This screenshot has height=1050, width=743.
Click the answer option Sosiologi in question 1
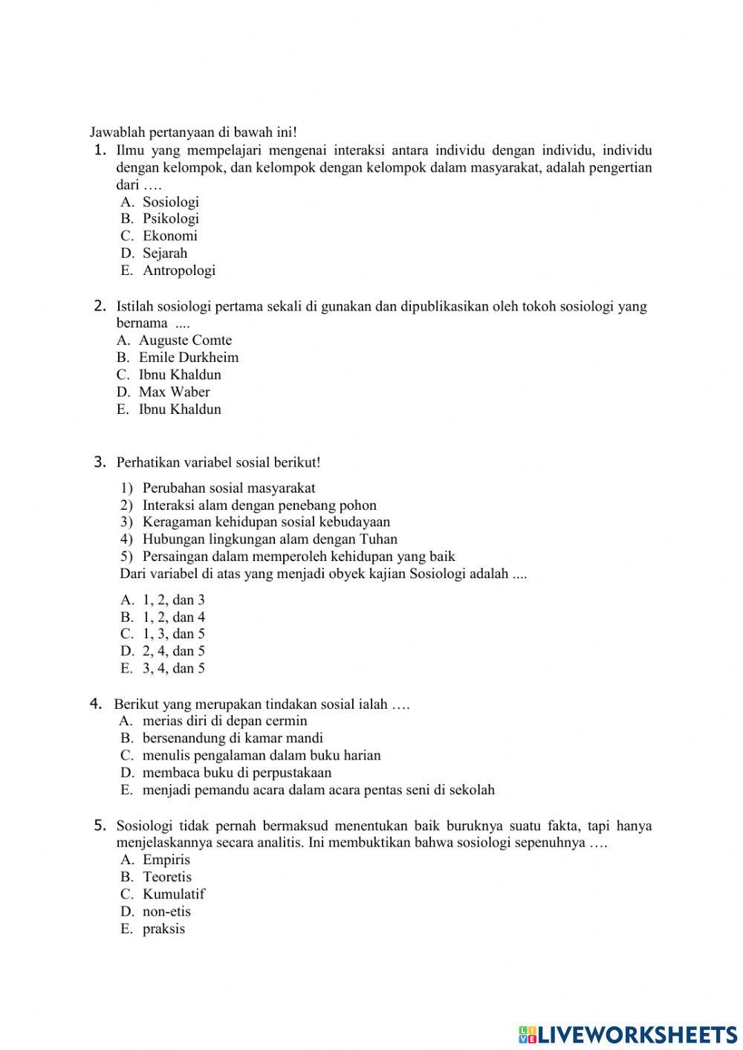point(170,202)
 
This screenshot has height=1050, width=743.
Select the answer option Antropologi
point(178,270)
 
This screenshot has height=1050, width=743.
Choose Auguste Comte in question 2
point(185,340)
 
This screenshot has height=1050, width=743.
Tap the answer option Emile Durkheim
point(189,357)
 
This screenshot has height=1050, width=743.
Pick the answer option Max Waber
point(174,392)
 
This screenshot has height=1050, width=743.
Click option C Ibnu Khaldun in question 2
point(180,375)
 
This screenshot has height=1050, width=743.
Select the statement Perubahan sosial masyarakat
point(228,488)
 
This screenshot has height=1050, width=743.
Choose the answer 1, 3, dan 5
point(173,634)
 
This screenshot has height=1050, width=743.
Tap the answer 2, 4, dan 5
point(173,651)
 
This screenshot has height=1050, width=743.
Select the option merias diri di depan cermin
point(224,721)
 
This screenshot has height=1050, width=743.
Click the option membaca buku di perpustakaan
point(236,773)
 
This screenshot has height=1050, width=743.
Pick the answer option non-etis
point(166,912)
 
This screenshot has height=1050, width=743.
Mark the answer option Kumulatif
point(173,894)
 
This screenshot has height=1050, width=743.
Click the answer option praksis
point(163,929)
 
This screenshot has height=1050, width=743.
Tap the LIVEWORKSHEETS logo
point(628,1034)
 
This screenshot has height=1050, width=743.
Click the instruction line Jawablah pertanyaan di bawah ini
point(193,132)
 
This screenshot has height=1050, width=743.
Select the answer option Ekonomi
point(169,236)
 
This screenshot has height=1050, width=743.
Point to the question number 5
point(101,826)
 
